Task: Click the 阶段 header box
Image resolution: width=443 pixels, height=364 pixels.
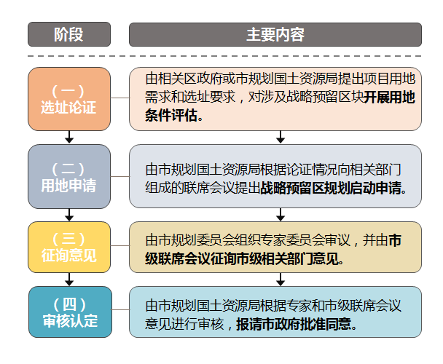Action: pyautogui.click(x=69, y=34)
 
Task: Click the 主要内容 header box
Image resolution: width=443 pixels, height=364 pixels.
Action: pyautogui.click(x=275, y=34)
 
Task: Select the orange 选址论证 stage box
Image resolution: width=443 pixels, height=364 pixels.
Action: pyautogui.click(x=69, y=99)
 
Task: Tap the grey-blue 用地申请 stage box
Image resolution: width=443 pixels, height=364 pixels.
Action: pyautogui.click(x=69, y=176)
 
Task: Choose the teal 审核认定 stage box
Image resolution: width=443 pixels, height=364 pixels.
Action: pyautogui.click(x=69, y=312)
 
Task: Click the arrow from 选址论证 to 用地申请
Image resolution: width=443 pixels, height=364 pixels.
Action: pyautogui.click(x=69, y=137)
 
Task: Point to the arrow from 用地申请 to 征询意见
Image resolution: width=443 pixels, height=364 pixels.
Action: pyautogui.click(x=69, y=214)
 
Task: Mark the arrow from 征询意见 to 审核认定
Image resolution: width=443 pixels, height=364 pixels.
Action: pyautogui.click(x=69, y=280)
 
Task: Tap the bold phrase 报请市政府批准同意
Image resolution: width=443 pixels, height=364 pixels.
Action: pyautogui.click(x=296, y=325)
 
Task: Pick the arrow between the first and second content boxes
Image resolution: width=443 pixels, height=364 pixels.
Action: pyautogui.click(x=280, y=137)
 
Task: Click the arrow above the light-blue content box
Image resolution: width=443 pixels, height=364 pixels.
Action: pyautogui.click(x=280, y=280)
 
